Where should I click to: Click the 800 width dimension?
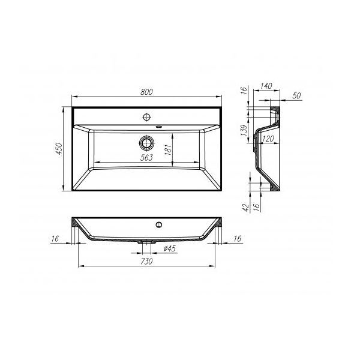tap(147, 92)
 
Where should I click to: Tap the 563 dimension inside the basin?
tap(146, 157)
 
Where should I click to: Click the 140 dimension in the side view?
tap(267, 86)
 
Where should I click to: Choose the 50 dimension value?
tap(296, 96)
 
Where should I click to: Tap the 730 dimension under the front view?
tap(146, 262)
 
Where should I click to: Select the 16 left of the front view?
tap(55, 239)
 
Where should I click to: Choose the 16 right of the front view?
tap(236, 239)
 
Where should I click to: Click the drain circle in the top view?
tap(146, 143)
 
